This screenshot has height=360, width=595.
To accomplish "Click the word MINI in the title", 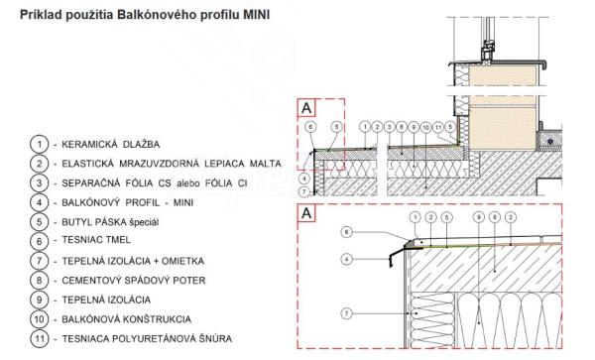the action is point(257,15).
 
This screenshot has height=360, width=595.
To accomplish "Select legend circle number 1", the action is point(39,144).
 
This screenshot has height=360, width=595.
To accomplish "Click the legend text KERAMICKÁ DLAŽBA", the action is point(111,144).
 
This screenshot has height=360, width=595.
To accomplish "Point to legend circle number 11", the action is point(39,338).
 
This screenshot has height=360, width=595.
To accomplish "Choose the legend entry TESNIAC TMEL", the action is point(96,240).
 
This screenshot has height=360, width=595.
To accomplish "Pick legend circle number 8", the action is point(39,281).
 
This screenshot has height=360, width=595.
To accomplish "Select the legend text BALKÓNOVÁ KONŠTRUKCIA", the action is point(126,319).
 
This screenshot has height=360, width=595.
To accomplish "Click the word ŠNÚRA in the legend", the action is point(216,338).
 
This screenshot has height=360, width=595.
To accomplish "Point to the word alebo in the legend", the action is point(188,183).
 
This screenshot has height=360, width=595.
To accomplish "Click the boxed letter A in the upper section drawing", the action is point(306,108).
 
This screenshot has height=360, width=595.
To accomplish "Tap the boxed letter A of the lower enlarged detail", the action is point(306,213).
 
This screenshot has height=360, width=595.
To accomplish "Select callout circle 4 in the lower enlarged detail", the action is point(346,260).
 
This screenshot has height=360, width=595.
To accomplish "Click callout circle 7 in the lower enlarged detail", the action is point(346,313).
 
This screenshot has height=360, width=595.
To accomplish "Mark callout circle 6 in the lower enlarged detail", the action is point(346,232).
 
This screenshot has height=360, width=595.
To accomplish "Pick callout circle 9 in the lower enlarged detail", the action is point(479,217).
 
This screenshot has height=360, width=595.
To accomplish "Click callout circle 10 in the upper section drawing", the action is point(425,127).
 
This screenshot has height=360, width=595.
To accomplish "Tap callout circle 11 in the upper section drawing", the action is point(438,127).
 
